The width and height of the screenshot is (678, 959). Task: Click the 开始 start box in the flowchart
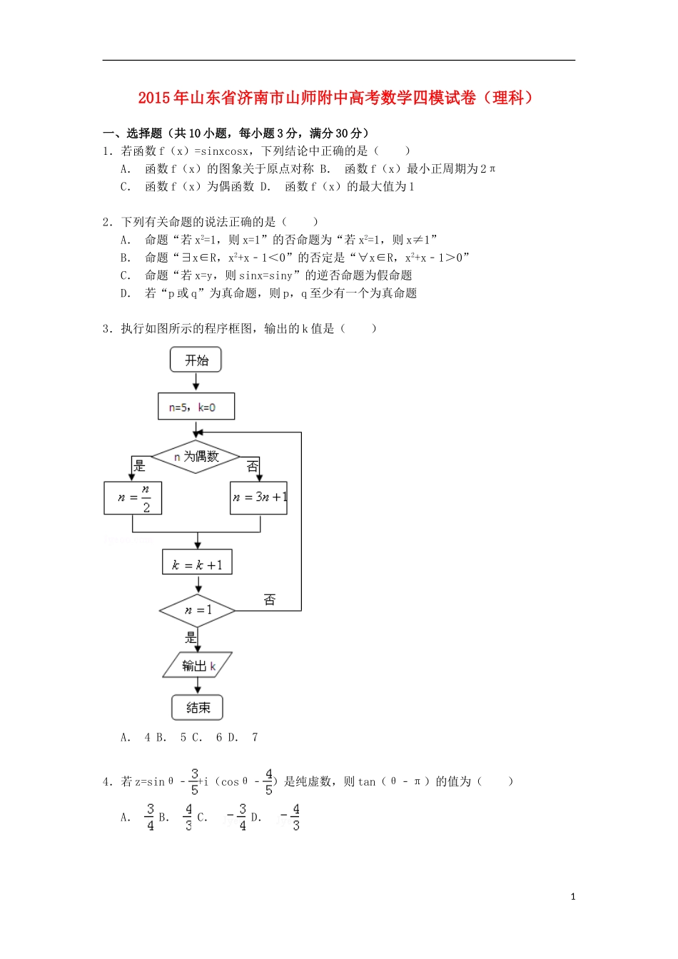coord(196,360)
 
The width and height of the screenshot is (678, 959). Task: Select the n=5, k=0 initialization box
coord(196,407)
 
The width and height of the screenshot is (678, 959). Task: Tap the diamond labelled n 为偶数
coord(196,457)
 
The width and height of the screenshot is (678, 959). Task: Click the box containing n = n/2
coord(133,497)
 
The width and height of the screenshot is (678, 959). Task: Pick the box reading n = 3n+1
coord(259,497)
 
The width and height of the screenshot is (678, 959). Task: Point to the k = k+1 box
coord(197,564)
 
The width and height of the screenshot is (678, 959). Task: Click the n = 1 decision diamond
coord(197,610)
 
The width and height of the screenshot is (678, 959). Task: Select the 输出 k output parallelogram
coord(198,665)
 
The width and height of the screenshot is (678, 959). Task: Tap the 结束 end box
coord(198,707)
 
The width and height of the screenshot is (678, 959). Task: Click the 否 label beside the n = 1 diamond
coord(270,599)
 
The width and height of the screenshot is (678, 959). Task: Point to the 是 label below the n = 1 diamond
coord(191,637)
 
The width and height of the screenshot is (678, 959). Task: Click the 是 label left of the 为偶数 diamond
coord(139,466)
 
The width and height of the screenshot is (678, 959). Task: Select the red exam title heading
coord(336,98)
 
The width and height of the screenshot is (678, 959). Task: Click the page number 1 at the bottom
coord(573,897)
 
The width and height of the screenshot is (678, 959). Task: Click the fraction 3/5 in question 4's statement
coord(194,782)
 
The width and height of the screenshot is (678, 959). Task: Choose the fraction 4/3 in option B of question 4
coord(188,818)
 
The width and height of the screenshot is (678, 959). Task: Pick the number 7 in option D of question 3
coord(255,738)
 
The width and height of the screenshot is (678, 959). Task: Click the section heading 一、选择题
coord(133,133)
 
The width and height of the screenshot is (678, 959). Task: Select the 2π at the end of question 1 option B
coord(488,169)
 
